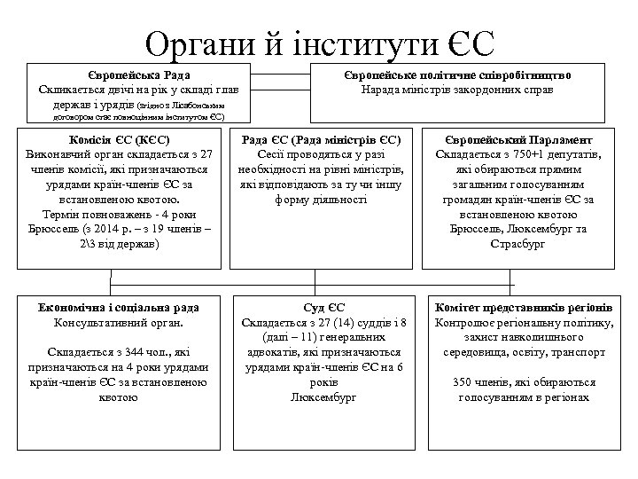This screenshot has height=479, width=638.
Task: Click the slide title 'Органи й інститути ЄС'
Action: [320, 40]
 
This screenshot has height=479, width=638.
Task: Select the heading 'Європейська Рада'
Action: [137, 75]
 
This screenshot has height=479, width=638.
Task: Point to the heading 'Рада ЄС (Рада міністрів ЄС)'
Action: [323, 139]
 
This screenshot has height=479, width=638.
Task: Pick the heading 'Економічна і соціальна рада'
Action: [119, 307]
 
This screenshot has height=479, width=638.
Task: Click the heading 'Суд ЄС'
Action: [323, 307]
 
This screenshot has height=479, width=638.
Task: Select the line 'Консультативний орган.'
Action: [119, 322]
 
